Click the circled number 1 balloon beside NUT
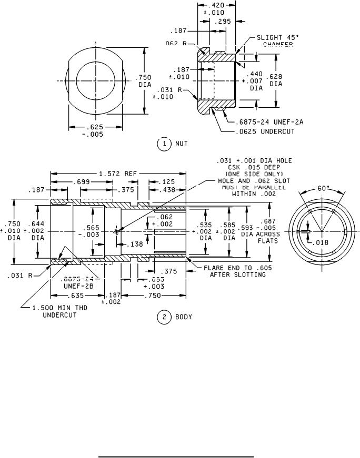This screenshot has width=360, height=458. click(164, 143)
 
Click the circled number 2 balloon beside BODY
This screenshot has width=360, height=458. click(164, 317)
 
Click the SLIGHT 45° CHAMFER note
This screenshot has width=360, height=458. click(274, 41)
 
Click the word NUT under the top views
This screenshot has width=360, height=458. click(181, 143)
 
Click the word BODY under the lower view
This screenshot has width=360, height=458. click(184, 317)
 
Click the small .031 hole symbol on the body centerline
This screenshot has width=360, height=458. click(117, 231)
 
